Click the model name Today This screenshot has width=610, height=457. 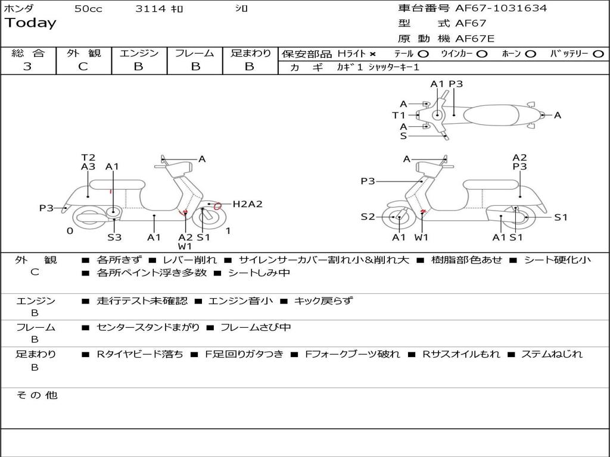(30, 23)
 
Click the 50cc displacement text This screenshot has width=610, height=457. (88, 9)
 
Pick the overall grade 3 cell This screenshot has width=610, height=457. (27, 67)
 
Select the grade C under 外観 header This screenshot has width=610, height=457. (83, 67)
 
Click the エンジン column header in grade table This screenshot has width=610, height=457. (139, 54)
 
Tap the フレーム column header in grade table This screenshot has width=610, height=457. (194, 54)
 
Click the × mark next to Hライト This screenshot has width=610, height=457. (373, 54)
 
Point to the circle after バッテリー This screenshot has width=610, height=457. (598, 54)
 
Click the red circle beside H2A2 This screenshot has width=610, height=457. (218, 206)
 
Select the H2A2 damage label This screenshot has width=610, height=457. (247, 204)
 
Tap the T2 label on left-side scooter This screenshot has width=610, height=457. (88, 158)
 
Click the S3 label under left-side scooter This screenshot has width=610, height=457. (114, 237)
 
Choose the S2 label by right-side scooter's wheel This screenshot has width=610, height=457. (368, 217)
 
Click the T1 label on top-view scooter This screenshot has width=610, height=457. (399, 115)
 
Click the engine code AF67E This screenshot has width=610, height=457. (475, 39)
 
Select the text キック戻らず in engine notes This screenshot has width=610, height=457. (323, 301)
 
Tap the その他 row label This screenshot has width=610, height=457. (36, 395)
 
